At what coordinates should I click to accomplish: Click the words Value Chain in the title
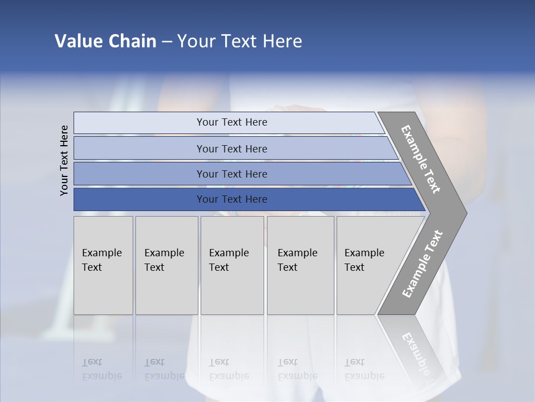[x=105, y=41]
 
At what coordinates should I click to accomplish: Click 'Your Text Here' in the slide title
[x=240, y=41]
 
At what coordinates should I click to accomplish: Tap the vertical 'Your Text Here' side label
[x=64, y=160]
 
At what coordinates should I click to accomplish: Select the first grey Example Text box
[x=103, y=265]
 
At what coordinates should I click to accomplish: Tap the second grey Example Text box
[x=167, y=265]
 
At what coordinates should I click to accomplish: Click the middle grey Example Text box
[x=232, y=265]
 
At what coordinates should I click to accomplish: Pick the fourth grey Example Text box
[x=300, y=265]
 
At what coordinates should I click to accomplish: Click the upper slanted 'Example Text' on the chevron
[x=421, y=159]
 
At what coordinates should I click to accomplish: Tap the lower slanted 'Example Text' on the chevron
[x=422, y=264]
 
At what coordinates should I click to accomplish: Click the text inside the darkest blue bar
[x=232, y=199]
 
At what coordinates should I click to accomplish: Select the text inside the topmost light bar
[x=232, y=122]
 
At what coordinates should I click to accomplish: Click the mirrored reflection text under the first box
[x=101, y=369]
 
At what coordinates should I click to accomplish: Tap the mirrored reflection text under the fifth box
[x=364, y=369]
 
